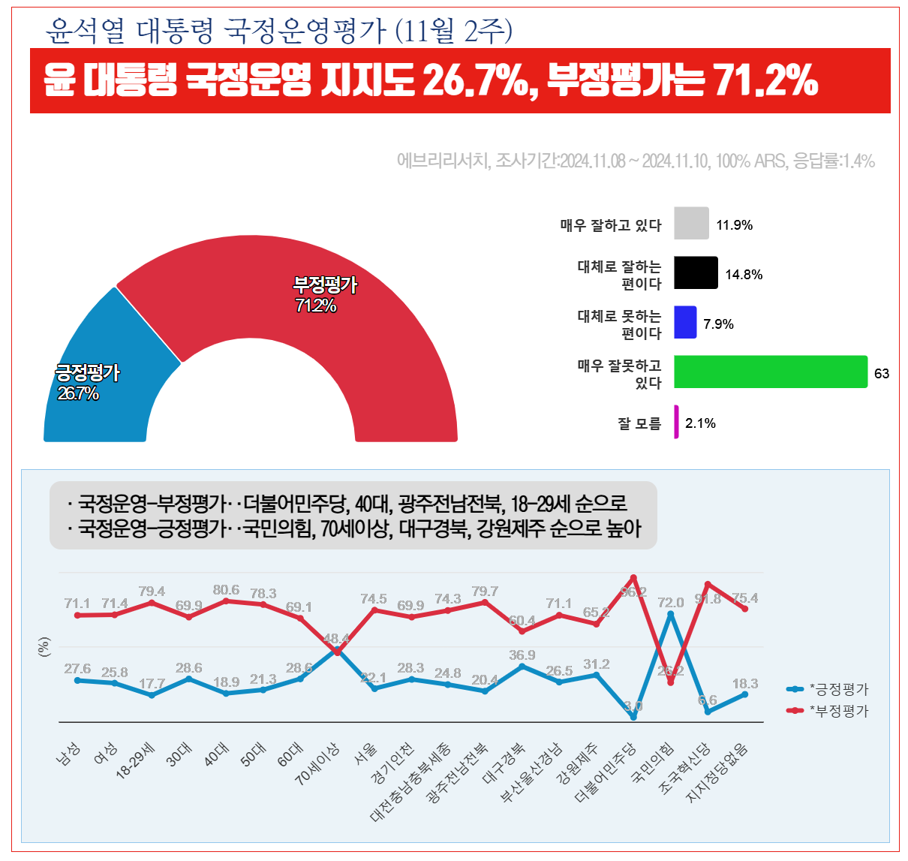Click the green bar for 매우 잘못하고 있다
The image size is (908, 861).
770,372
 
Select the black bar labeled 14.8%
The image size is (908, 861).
696,273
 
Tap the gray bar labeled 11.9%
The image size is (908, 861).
691,224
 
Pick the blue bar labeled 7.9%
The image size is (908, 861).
685,322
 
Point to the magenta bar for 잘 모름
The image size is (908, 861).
676,422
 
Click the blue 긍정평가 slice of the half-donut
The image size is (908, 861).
105,375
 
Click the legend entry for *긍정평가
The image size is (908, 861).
828,689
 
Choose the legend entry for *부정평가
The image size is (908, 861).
828,710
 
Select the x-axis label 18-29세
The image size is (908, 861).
135,761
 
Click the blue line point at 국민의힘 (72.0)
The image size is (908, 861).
670,614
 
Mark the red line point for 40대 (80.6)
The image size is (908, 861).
226,601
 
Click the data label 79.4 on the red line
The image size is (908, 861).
152,592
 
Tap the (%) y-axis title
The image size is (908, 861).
44,647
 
